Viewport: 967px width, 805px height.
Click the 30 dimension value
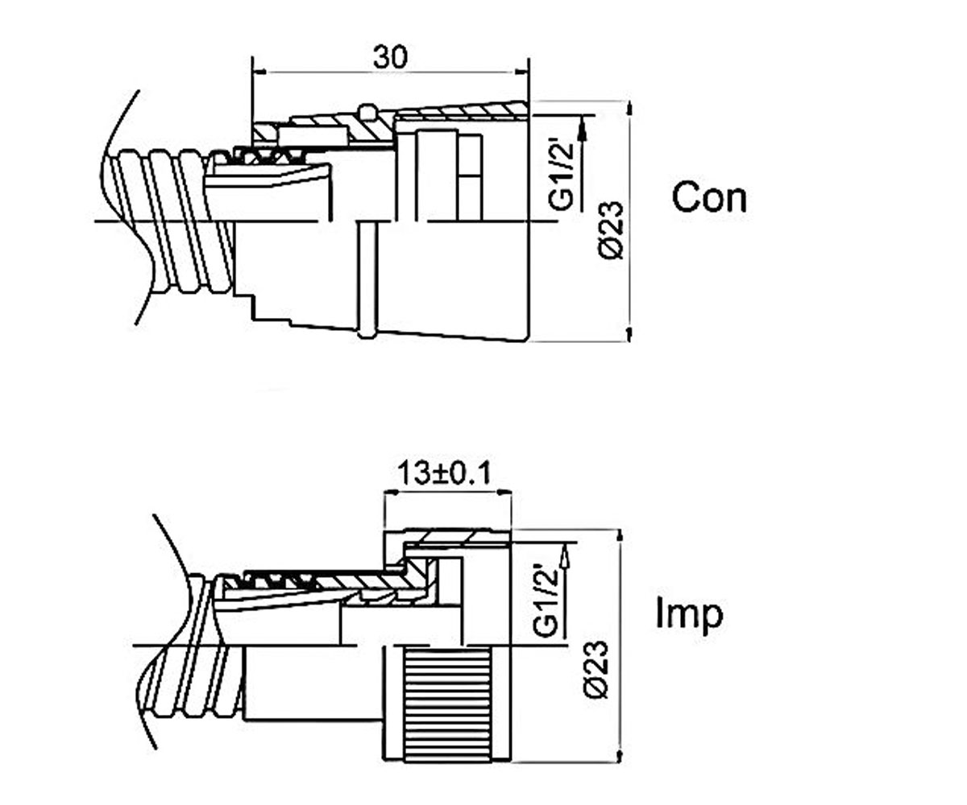(x=390, y=57)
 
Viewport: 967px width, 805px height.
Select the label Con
(x=709, y=197)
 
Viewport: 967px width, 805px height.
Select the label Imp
(x=690, y=615)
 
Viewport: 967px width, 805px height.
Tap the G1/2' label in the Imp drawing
(x=545, y=600)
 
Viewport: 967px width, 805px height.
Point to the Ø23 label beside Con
(x=612, y=230)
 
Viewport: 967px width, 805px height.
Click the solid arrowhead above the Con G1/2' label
(x=583, y=129)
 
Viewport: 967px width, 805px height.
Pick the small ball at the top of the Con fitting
(x=367, y=111)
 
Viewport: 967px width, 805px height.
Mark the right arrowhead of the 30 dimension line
(x=522, y=72)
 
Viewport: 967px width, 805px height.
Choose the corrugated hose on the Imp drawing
(x=191, y=648)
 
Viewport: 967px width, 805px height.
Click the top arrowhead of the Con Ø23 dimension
(x=629, y=109)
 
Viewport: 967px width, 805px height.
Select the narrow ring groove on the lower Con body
(x=367, y=279)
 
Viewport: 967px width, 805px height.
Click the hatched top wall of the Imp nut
(x=456, y=537)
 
